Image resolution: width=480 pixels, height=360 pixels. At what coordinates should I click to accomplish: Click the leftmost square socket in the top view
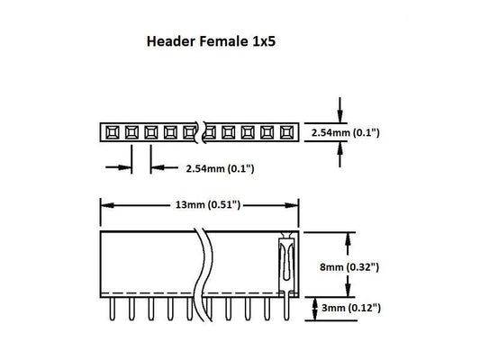pos(113,133)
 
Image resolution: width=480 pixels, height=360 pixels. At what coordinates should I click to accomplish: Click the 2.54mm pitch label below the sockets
pos(219,167)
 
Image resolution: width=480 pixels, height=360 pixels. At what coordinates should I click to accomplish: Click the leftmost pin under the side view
pos(112,309)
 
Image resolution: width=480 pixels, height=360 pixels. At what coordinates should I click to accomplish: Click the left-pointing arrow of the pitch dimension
pos(155,166)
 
